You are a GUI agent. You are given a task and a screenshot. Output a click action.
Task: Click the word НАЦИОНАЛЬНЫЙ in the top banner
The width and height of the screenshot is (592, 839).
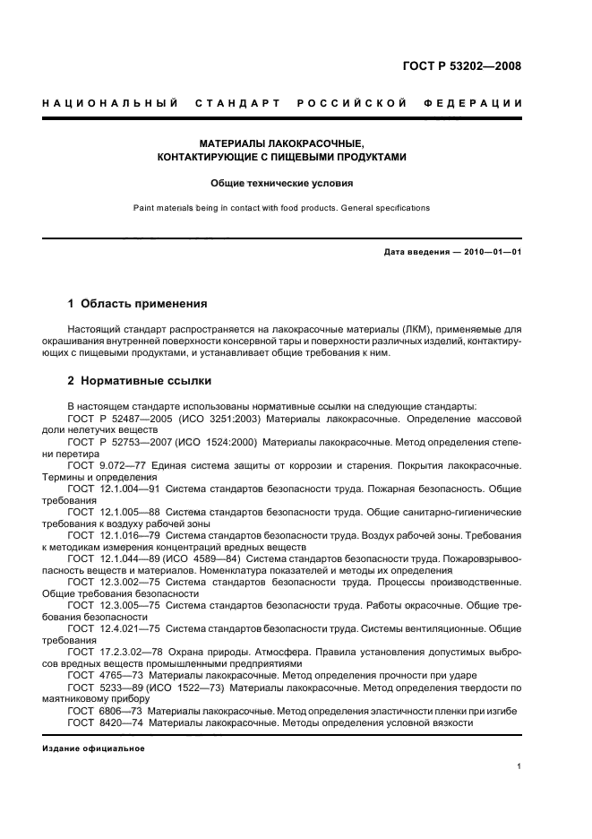pos(109,104)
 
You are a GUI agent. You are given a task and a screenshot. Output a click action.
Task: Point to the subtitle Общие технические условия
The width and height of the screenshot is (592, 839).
pos(281,183)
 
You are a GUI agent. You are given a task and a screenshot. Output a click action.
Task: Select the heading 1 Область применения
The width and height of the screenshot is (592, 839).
pos(137,304)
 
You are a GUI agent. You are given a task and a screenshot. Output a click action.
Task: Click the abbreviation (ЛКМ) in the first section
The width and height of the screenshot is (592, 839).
pos(389,330)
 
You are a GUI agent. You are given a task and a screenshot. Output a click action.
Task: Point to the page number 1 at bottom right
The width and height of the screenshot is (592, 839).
pos(519,766)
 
